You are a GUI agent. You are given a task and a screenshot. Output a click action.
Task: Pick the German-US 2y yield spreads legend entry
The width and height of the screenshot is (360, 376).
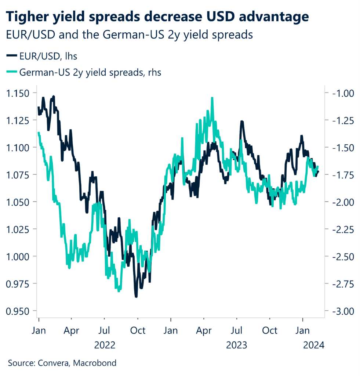point(84,72)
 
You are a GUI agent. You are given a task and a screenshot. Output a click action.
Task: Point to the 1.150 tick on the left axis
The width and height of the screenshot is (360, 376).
point(19,93)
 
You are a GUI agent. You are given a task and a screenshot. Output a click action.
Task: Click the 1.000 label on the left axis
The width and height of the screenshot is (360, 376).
point(19,256)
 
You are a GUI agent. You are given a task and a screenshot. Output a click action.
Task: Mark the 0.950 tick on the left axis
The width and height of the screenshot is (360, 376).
point(19,311)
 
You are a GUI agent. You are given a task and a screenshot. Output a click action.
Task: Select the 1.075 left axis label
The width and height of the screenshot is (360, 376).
point(19,174)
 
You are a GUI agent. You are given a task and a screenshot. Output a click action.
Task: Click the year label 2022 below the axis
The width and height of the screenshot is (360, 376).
point(105,345)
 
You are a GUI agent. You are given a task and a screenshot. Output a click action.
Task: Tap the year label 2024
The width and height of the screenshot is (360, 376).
point(312,345)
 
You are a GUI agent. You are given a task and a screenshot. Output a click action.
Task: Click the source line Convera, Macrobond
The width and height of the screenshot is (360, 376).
point(62,364)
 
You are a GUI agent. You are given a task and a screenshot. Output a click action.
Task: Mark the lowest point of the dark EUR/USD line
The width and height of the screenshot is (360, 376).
point(136,296)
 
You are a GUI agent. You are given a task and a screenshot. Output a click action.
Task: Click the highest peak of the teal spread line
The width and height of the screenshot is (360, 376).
point(212,98)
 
